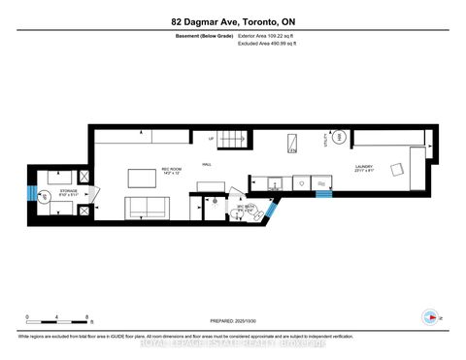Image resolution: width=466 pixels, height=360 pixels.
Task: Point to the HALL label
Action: click(x=208, y=166)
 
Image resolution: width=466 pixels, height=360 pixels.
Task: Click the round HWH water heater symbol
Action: click(x=339, y=139)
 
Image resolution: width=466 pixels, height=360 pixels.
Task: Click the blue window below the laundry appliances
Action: click(x=323, y=192)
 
